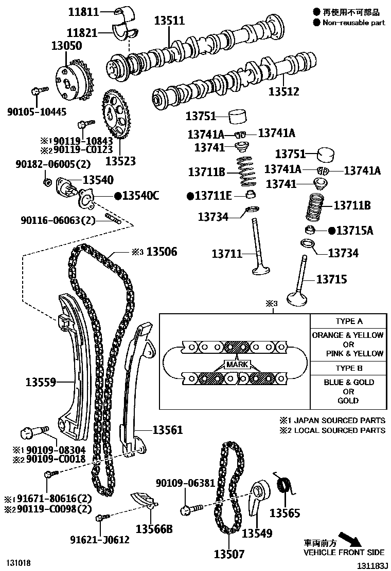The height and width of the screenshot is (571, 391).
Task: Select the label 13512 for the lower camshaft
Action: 283,92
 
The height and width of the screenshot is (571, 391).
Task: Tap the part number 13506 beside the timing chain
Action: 162,252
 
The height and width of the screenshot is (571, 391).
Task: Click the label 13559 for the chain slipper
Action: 41,382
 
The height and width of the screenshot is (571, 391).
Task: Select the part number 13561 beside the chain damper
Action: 167,430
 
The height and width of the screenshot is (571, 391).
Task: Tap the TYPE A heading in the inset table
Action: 349,321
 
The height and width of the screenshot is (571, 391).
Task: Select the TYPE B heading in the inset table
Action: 349,368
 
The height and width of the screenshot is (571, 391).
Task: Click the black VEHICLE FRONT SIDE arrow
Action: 352,539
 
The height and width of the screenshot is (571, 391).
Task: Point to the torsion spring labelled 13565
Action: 283,485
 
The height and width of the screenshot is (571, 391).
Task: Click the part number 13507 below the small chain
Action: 229,554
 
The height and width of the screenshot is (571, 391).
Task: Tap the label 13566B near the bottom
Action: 154,528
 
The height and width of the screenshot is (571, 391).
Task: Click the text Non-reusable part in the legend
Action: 353,23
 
